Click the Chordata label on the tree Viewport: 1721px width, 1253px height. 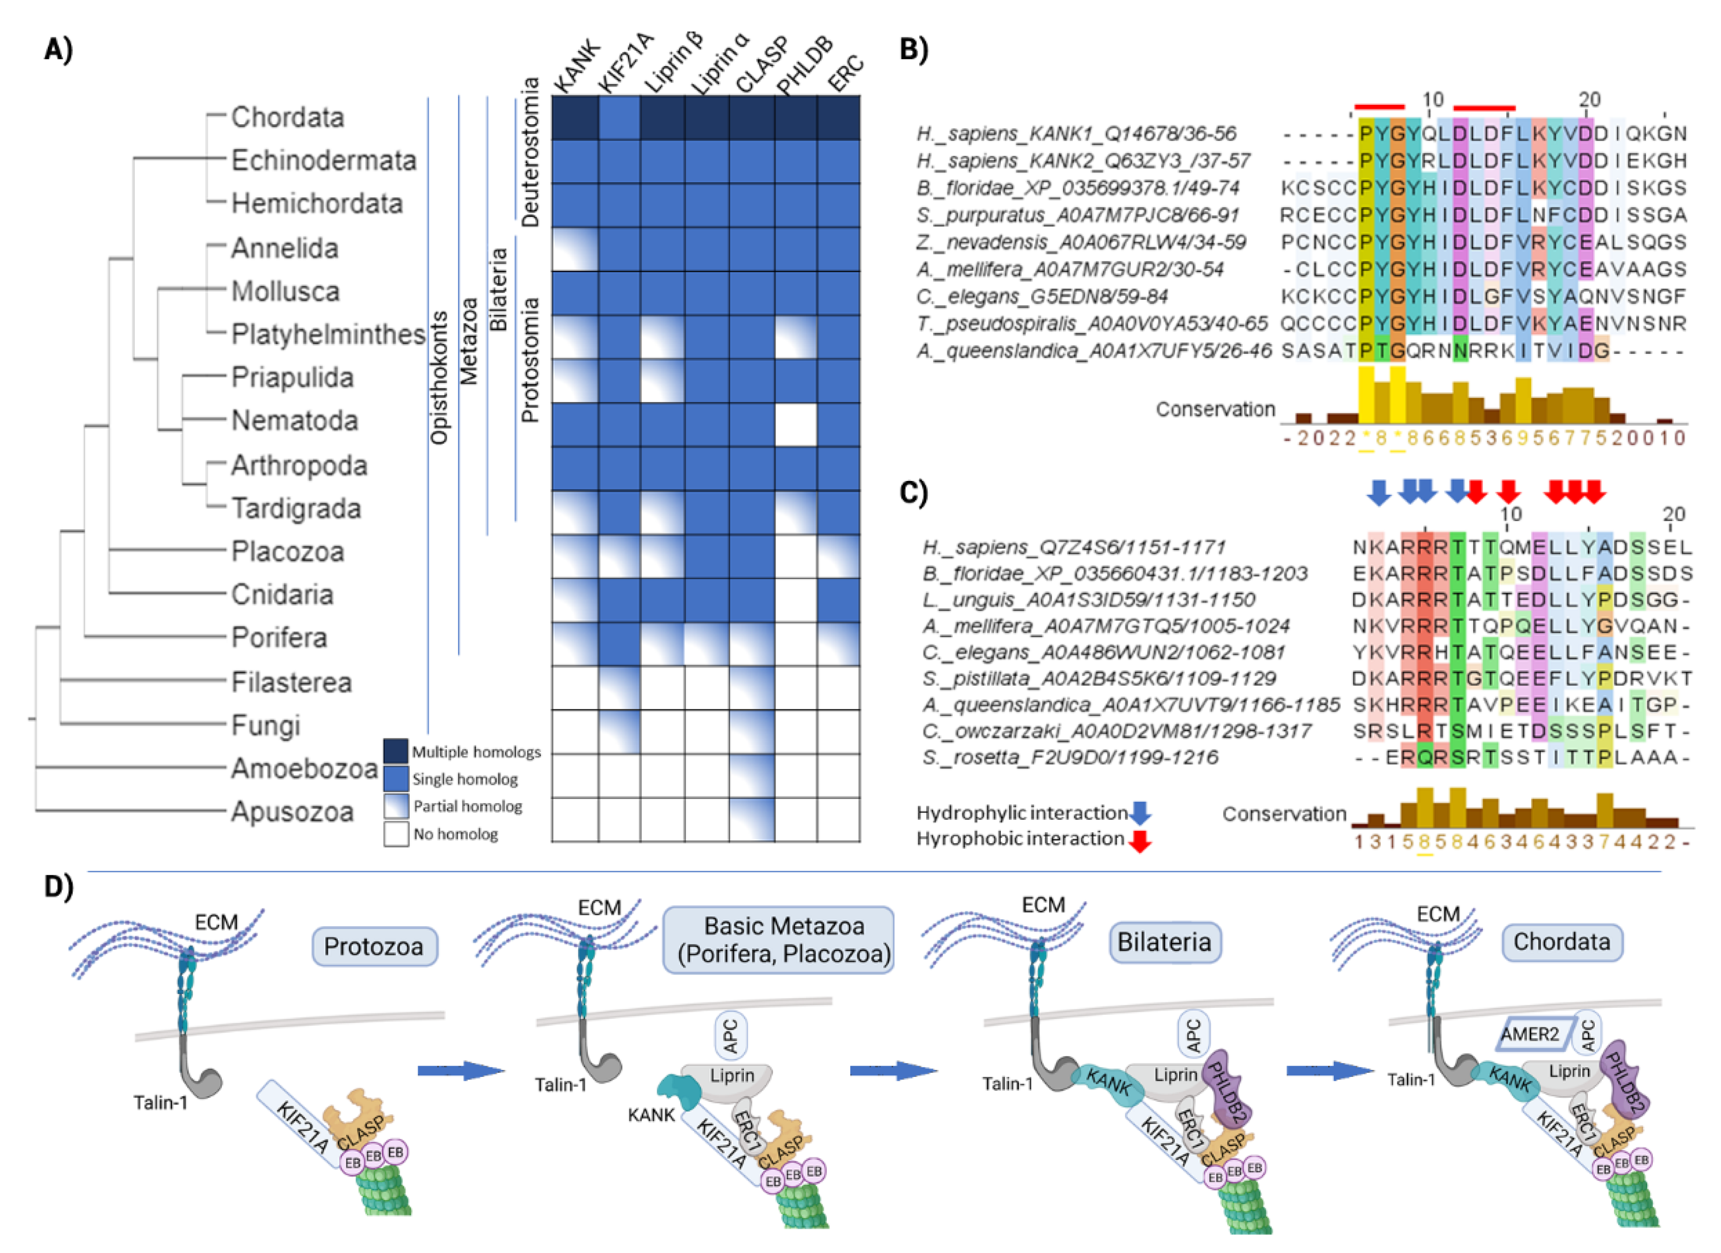287,117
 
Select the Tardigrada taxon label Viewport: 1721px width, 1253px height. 296,508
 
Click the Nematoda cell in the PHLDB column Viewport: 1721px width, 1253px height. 795,425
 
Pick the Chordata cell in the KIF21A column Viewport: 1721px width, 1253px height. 619,118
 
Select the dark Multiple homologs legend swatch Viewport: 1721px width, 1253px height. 396,751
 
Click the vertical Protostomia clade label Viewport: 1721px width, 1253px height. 530,360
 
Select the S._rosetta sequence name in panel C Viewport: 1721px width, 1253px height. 1070,757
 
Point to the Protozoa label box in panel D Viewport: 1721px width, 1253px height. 374,946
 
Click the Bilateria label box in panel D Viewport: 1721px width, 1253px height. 1164,942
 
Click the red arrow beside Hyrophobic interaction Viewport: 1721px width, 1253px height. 1139,840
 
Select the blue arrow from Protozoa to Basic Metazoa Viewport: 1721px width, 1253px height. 460,1071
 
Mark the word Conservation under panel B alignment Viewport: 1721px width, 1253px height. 1215,409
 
